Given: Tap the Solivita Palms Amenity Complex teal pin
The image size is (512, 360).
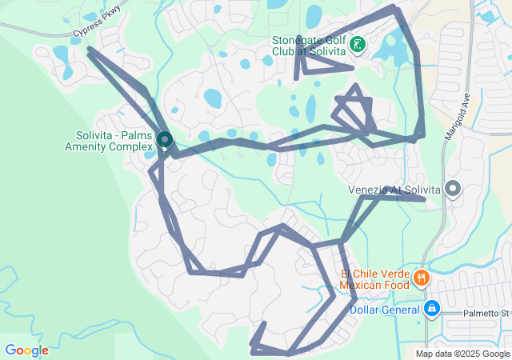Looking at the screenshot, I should (x=165, y=140).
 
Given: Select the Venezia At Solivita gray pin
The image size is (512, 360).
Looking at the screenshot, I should (x=453, y=190).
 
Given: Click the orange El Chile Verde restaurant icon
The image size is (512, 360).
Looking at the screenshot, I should (x=421, y=278).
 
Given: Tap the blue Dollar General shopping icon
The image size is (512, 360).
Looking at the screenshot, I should (x=431, y=308).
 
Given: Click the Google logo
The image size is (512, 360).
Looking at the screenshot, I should (x=26, y=350).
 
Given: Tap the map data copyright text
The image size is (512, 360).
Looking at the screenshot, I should (x=462, y=354).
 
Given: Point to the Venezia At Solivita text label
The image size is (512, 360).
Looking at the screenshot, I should (x=395, y=190).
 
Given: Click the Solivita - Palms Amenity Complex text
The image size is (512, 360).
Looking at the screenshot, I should (x=109, y=141).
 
